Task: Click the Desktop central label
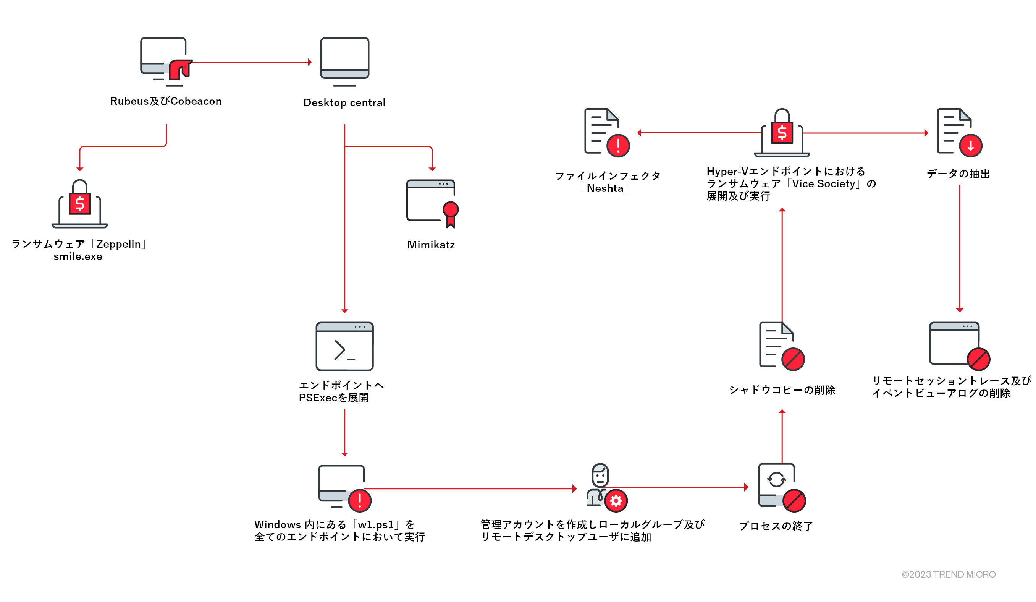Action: coord(344,102)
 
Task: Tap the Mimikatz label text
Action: coord(431,245)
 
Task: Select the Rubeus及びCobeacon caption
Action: coord(166,101)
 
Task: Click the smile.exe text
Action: coord(78,256)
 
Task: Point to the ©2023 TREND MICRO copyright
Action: coord(949,574)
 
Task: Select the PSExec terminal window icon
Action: coord(344,346)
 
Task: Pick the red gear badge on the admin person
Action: coord(616,501)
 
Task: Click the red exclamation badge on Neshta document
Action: coord(618,146)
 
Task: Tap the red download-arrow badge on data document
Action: coord(971,146)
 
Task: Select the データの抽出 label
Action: coord(958,174)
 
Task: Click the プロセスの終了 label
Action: coord(776,526)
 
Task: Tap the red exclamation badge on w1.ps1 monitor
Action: coord(360,500)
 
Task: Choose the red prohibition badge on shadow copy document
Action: coord(793,359)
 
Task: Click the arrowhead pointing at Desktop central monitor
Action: coord(310,62)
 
